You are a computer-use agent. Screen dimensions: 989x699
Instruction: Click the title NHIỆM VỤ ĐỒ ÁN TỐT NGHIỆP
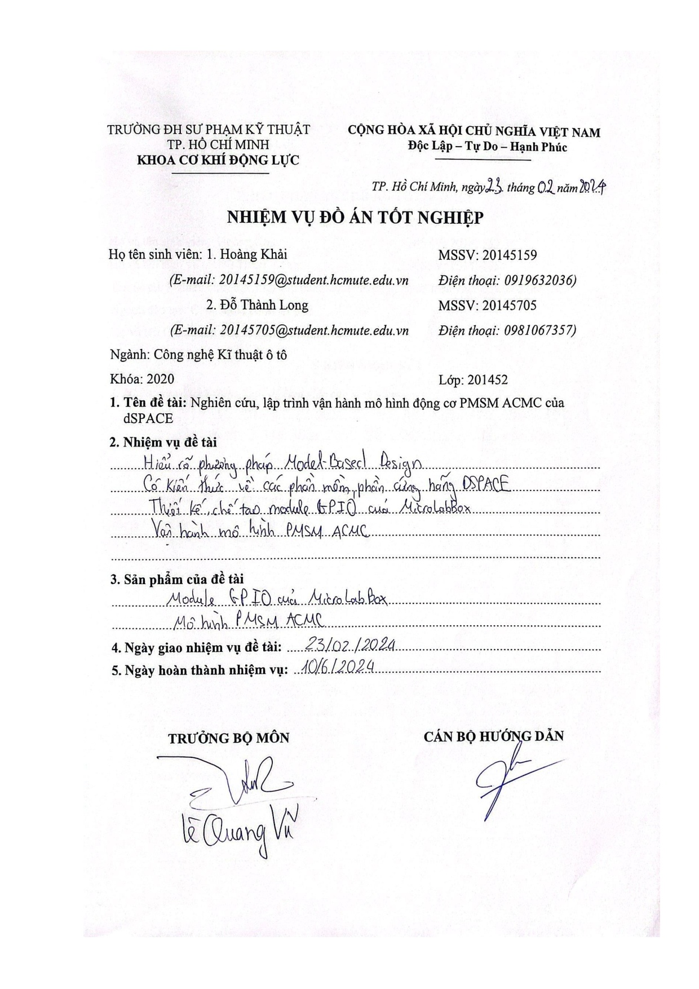point(355,218)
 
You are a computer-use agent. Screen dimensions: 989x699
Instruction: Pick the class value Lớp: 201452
point(472,380)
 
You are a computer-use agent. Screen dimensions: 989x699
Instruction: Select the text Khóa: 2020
point(142,379)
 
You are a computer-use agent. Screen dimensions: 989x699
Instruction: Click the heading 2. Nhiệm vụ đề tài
point(163,443)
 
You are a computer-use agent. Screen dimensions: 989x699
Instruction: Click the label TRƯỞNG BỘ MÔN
point(229,738)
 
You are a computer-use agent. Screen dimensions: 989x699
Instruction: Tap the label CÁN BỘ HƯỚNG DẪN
point(494,736)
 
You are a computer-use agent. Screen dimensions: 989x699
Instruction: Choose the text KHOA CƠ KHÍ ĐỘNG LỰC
point(218,160)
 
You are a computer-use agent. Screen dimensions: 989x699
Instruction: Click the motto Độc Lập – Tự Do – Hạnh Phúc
point(487,147)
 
